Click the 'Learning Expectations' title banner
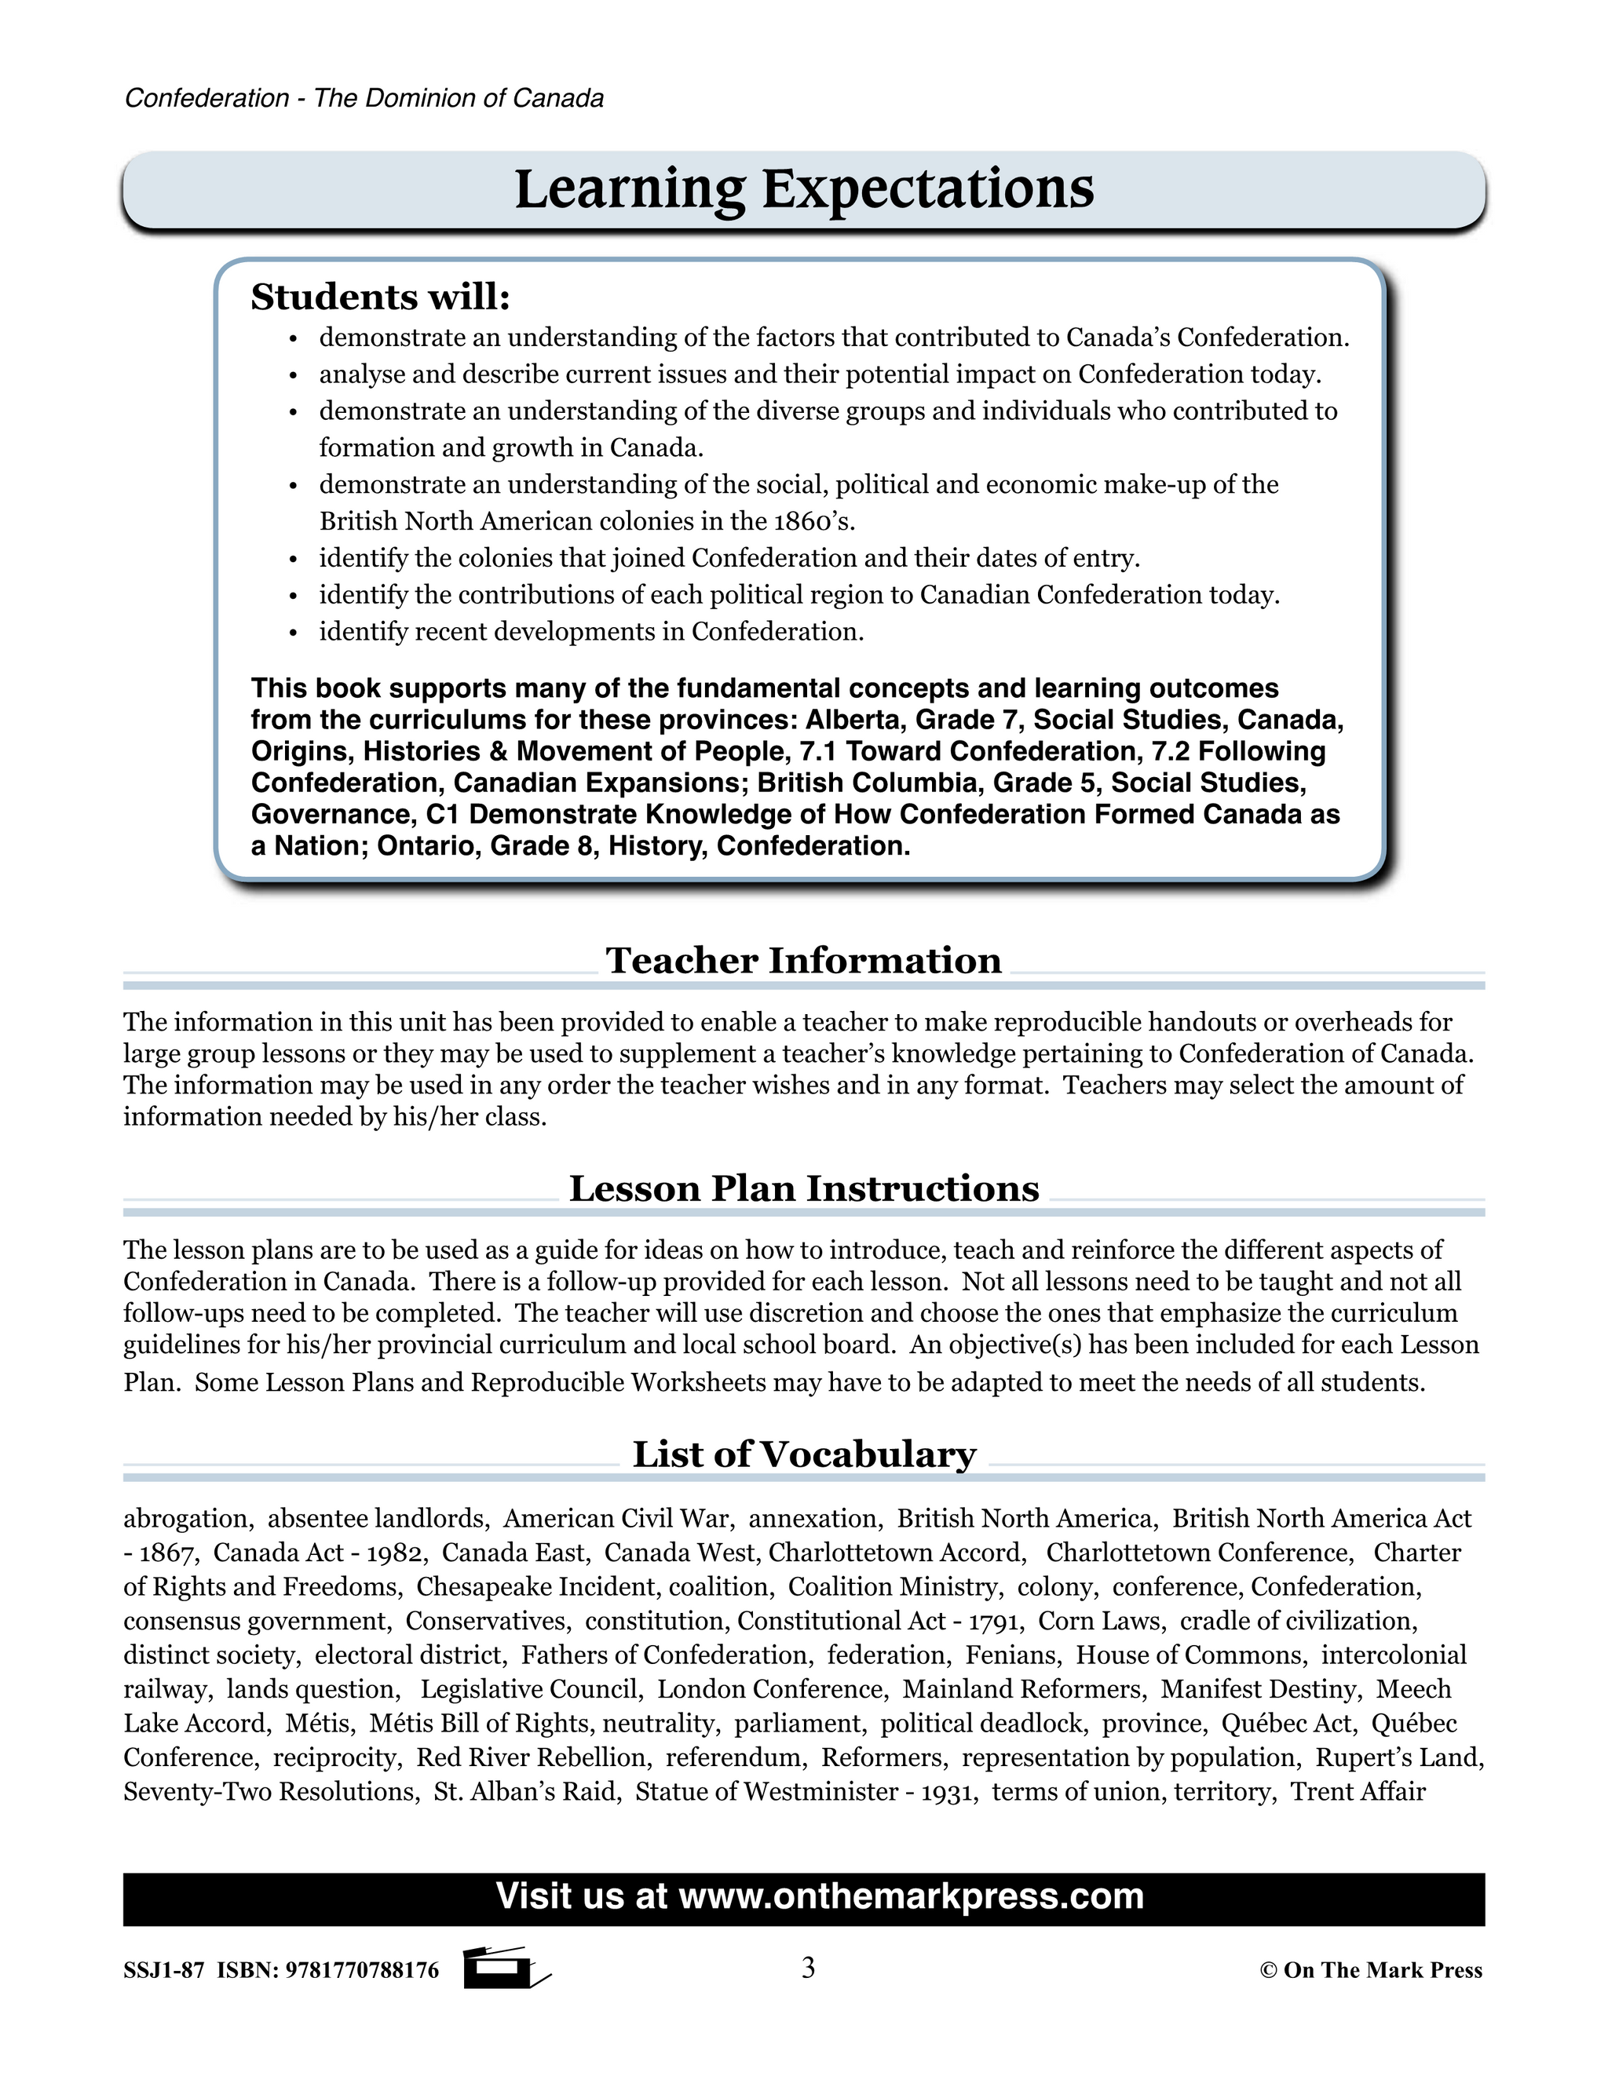(804, 189)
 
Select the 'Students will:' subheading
(380, 298)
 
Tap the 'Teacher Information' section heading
(803, 960)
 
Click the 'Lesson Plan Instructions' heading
(803, 1188)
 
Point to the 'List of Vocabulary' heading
(803, 1454)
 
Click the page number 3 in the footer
(808, 1969)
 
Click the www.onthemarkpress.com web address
(911, 1896)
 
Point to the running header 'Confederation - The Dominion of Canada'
(364, 99)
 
